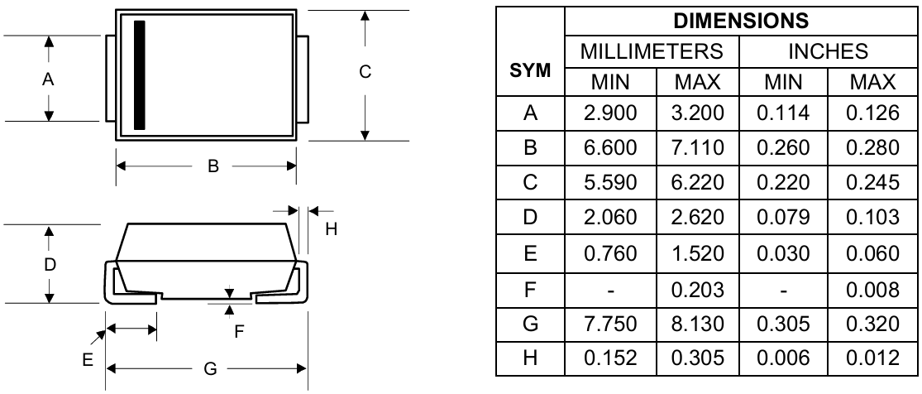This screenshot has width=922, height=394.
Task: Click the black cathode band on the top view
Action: [139, 75]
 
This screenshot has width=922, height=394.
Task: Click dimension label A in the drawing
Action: [48, 79]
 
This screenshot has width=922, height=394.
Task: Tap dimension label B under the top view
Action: [213, 166]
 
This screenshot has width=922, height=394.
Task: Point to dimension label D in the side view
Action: [50, 265]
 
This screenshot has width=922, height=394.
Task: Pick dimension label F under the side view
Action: [240, 331]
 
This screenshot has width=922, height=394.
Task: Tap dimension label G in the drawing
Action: [209, 370]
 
